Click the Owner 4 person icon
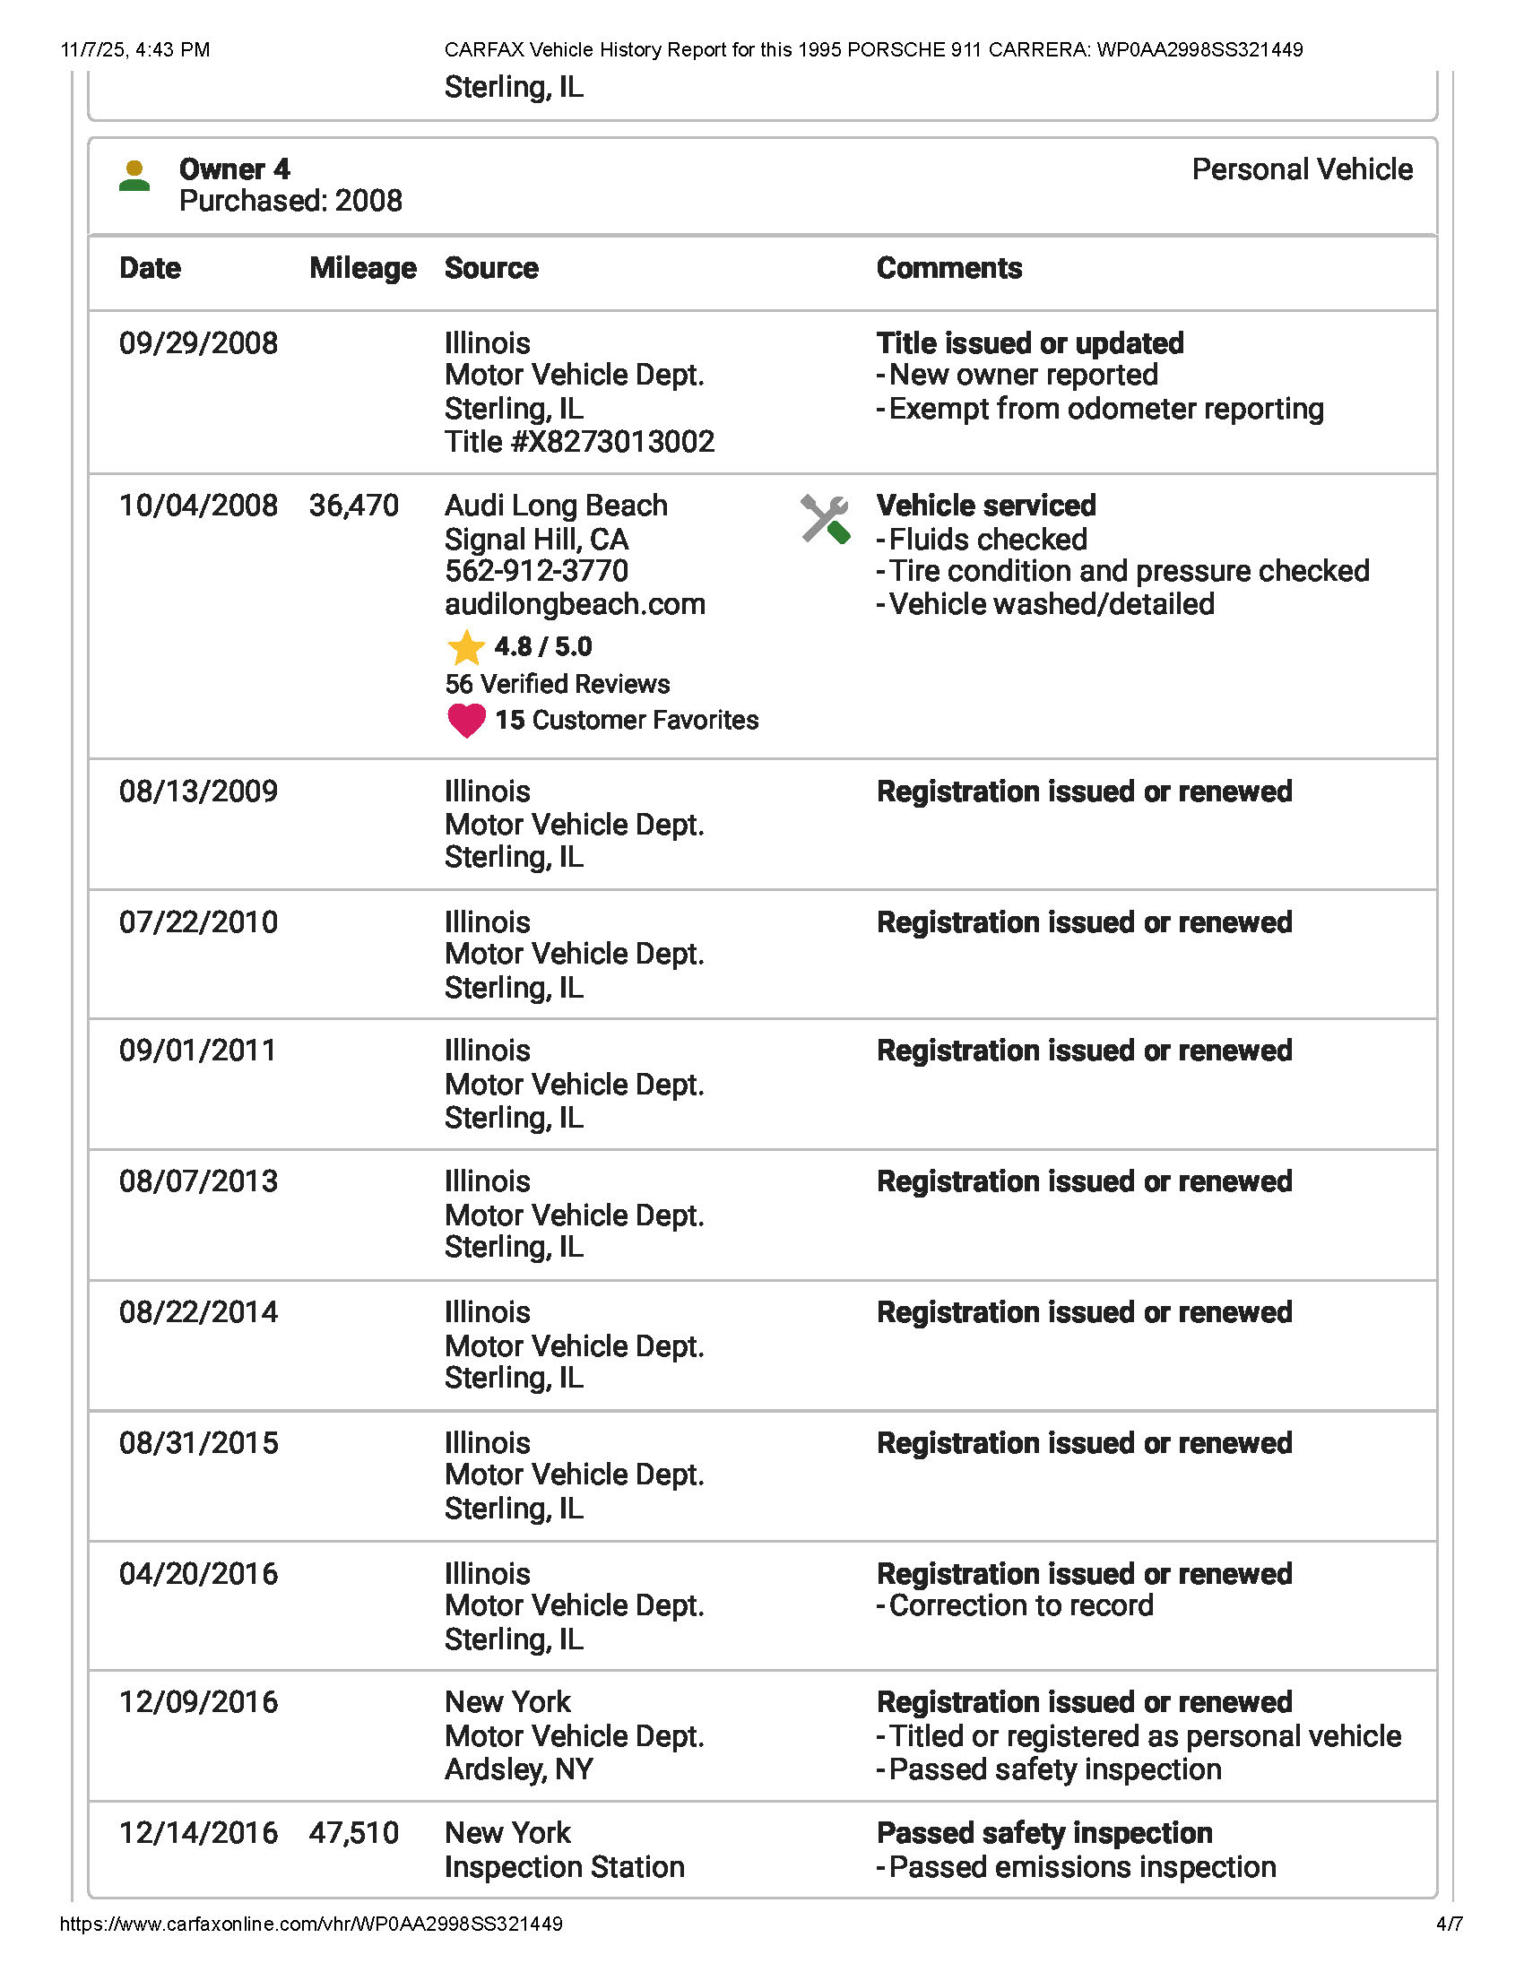coord(134,175)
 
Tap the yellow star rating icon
coord(466,647)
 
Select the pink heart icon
coord(466,720)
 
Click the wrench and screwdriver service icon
coord(825,519)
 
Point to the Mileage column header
coord(363,268)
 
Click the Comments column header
coord(948,268)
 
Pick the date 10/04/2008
coord(199,506)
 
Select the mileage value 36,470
coord(354,506)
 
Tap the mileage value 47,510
coord(354,1833)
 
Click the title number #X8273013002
coord(580,442)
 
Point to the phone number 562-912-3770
coord(536,571)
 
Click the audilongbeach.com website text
coord(576,604)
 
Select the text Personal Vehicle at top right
coord(1302,169)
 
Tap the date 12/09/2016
coord(199,1702)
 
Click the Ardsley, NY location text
coord(519,1769)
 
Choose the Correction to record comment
coord(1020,1605)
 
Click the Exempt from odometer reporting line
coord(1105,409)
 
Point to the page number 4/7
coord(1449,1924)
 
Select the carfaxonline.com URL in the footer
coord(311,1924)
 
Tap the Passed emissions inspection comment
coord(1082,1866)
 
